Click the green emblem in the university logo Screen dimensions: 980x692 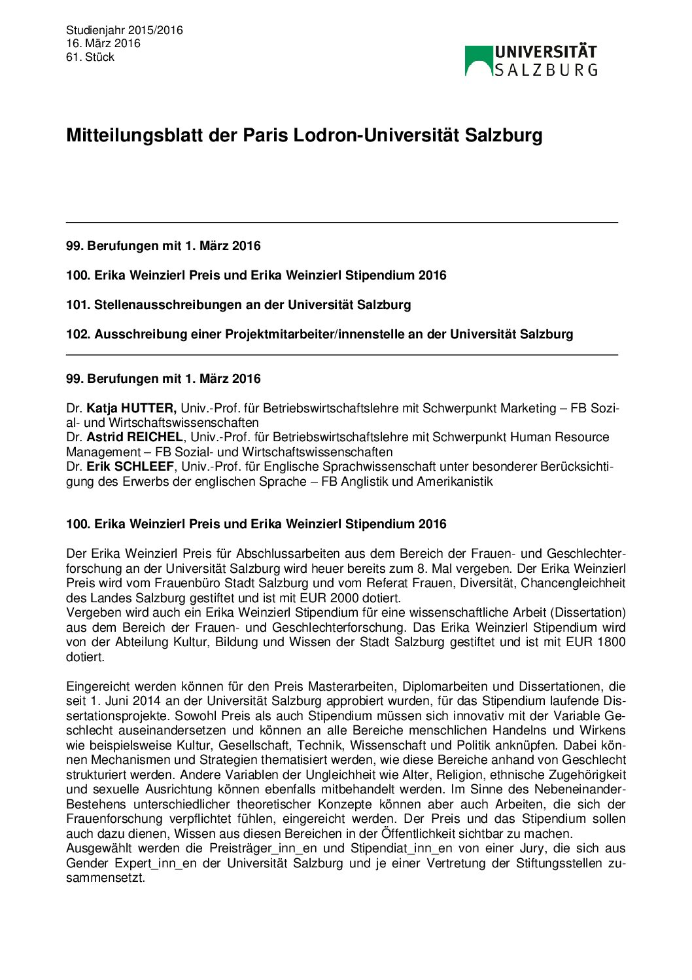(479, 60)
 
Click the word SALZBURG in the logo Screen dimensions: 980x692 (545, 70)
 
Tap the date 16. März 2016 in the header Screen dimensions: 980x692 (103, 43)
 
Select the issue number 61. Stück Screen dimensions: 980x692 (90, 57)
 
